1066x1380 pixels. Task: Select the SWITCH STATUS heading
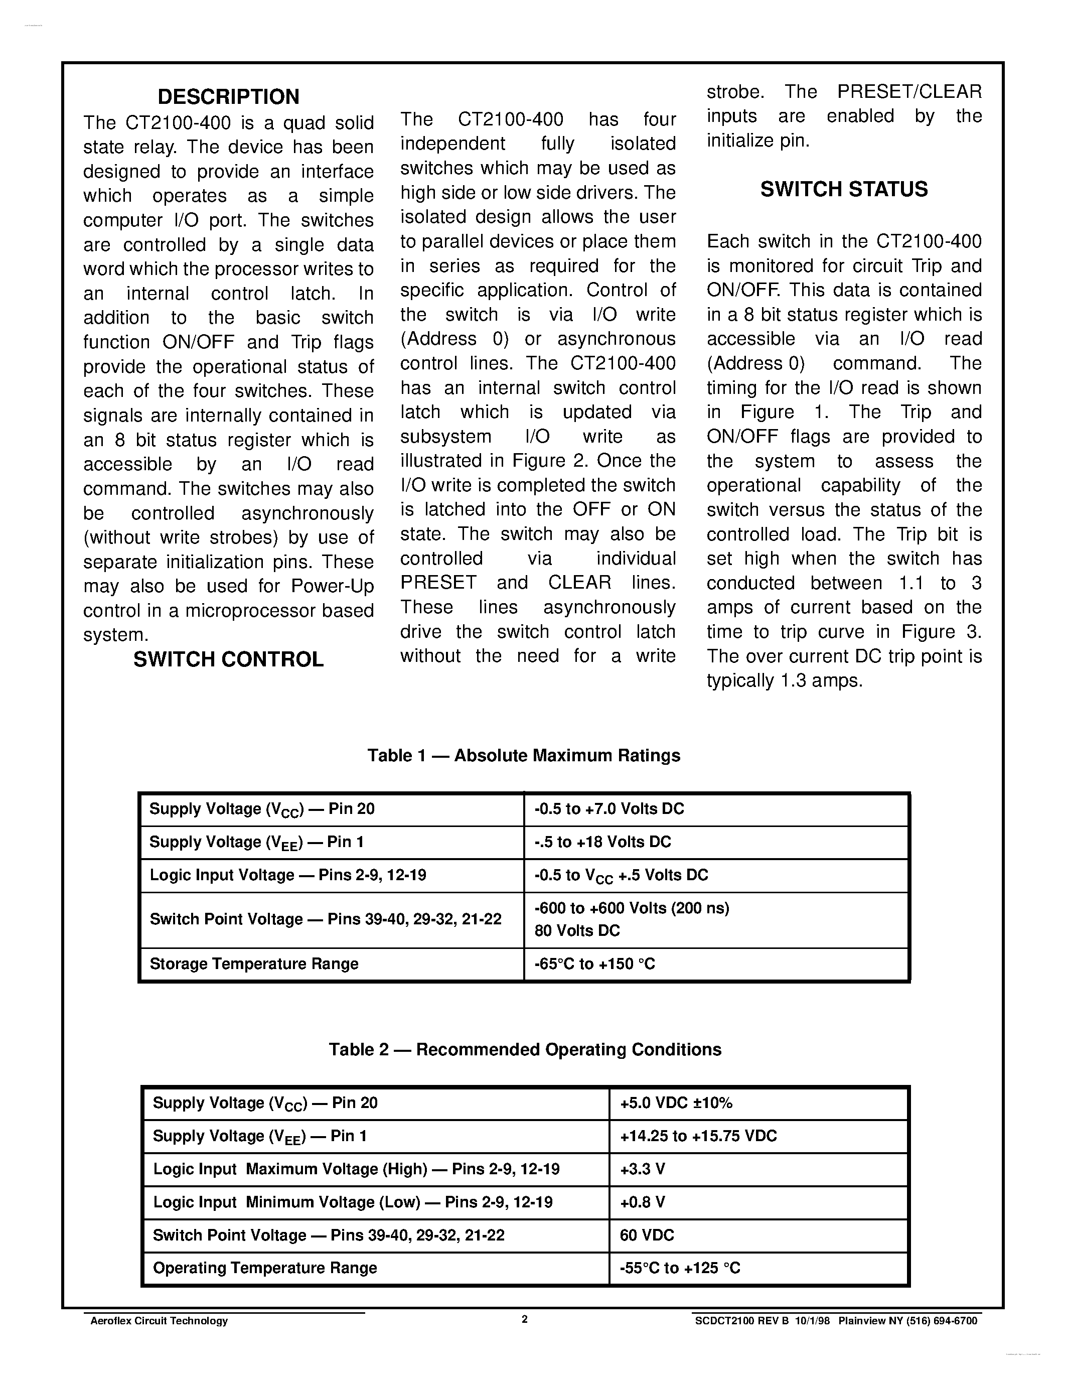pos(844,189)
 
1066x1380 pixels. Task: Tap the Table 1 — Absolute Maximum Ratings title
pos(524,756)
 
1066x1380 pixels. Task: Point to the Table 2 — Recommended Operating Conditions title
pos(525,1049)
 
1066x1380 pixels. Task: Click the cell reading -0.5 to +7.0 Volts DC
pos(609,809)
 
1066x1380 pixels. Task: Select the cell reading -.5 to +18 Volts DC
pos(602,842)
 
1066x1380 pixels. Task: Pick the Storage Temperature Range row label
pos(254,963)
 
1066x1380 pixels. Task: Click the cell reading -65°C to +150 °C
pos(594,963)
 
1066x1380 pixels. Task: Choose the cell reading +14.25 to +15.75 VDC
pos(698,1136)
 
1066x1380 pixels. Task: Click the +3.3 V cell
pos(642,1169)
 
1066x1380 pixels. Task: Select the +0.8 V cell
pos(642,1202)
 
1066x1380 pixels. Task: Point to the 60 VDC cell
pos(647,1235)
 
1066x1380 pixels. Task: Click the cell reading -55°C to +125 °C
pos(680,1268)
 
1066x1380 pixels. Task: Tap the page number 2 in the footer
pos(524,1319)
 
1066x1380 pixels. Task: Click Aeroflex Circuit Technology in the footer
pos(159,1321)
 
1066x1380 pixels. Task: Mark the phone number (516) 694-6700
pos(939,1321)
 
